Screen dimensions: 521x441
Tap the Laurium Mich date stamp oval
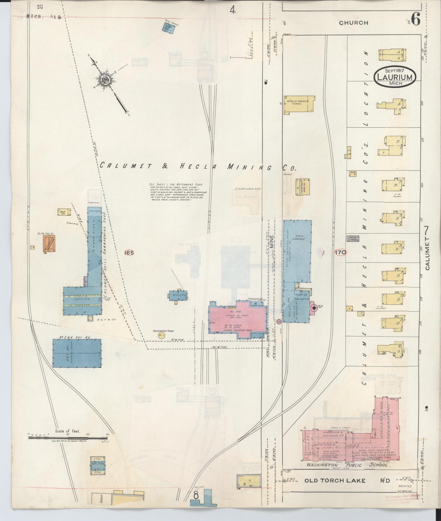click(395, 77)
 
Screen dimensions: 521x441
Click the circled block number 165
click(129, 253)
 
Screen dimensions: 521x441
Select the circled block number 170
click(340, 253)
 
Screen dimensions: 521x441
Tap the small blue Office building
click(178, 296)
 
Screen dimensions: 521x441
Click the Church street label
click(354, 23)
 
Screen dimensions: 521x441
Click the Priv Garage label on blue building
click(300, 237)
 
